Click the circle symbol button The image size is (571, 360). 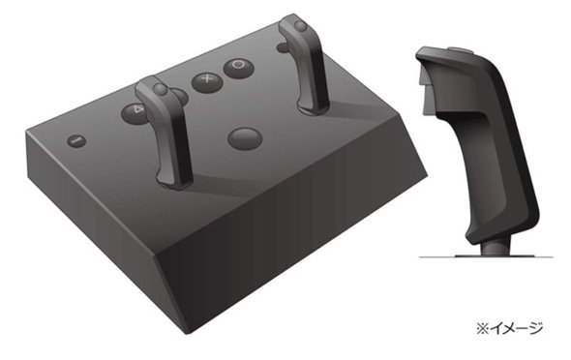click(238, 68)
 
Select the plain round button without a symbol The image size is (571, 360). click(245, 138)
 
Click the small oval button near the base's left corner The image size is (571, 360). click(76, 140)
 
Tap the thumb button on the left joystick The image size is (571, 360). click(160, 89)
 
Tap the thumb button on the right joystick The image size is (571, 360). click(300, 26)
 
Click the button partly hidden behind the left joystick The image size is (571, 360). click(180, 97)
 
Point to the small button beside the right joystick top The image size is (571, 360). click(283, 47)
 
